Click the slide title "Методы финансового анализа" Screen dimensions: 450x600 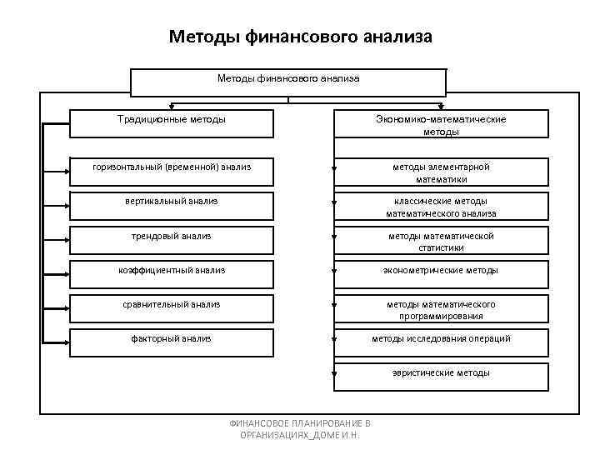pos(300,37)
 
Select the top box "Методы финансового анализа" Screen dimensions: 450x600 pos(288,79)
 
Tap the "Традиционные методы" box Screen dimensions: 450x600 pos(172,122)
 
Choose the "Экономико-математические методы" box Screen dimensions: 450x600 pos(441,124)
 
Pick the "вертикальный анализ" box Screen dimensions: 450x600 pos(172,202)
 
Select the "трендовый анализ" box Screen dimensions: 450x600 pos(172,237)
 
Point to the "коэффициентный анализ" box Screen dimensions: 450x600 pos(172,272)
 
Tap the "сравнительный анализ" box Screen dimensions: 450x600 pos(172,306)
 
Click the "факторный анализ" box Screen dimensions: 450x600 pos(172,340)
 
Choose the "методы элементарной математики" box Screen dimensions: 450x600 pos(441,172)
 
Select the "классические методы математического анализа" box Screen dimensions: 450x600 pos(441,207)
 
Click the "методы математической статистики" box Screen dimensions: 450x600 pos(441,241)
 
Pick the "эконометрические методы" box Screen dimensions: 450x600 pos(441,272)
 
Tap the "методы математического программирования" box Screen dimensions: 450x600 pos(441,309)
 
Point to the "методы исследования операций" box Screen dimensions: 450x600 pos(441,340)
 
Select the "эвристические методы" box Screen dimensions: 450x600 pos(441,374)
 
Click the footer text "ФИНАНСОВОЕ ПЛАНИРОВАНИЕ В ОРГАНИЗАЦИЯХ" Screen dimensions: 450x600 pos(300,428)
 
